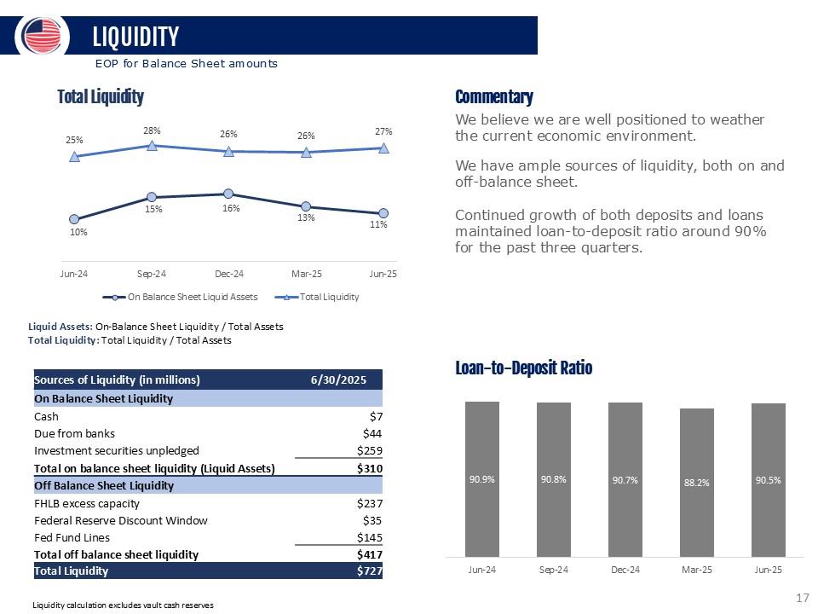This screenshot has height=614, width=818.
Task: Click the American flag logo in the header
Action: coord(42,36)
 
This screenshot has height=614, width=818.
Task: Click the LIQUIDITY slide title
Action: coord(135,37)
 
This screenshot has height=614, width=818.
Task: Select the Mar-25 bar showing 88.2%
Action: coord(696,483)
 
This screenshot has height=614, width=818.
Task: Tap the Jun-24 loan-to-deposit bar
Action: coord(482,478)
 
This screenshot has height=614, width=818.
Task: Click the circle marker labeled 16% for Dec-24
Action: coord(228,194)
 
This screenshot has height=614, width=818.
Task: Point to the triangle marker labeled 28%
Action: coord(152,145)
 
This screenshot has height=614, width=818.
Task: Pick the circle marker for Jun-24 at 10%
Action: coord(74,219)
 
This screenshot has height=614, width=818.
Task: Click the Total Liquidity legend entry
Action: coord(317,297)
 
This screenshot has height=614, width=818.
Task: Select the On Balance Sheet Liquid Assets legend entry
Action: coord(180,297)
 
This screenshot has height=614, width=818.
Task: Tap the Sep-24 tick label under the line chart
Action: coord(152,274)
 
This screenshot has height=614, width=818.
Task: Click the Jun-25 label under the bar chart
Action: coord(768,570)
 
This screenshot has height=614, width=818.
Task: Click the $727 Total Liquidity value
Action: coord(369,571)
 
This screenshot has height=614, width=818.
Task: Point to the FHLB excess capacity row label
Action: coord(87,504)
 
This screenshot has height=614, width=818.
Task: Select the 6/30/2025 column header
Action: coord(338,379)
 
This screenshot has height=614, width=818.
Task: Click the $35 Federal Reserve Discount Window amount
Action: coord(372,520)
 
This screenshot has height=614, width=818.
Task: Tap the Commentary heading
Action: coord(494,97)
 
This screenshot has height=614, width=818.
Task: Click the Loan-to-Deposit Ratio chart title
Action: coord(524,368)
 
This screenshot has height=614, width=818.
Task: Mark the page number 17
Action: coord(803,598)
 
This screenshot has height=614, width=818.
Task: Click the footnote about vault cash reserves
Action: coord(123,605)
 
